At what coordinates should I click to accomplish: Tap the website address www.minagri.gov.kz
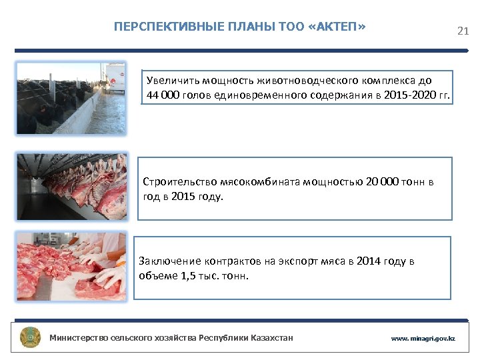click(x=423, y=339)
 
